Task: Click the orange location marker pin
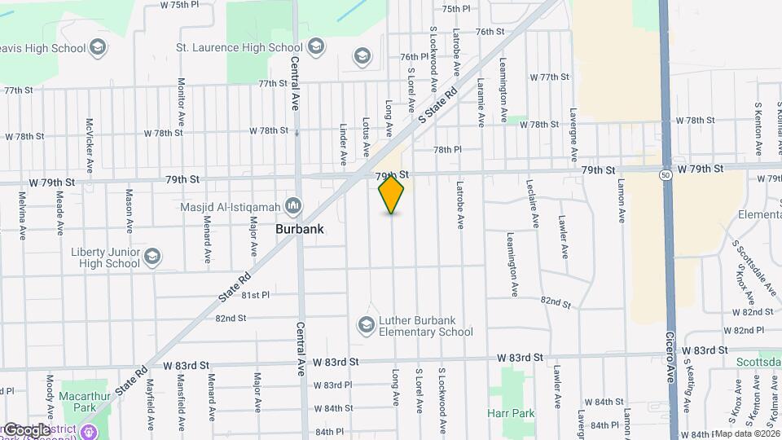click(392, 194)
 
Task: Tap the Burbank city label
click(299, 229)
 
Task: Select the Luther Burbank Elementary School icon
click(366, 326)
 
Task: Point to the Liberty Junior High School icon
click(152, 258)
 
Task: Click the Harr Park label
click(511, 413)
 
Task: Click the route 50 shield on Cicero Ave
click(666, 174)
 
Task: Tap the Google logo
click(26, 430)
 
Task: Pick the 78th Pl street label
click(447, 150)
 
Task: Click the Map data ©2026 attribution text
click(747, 433)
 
